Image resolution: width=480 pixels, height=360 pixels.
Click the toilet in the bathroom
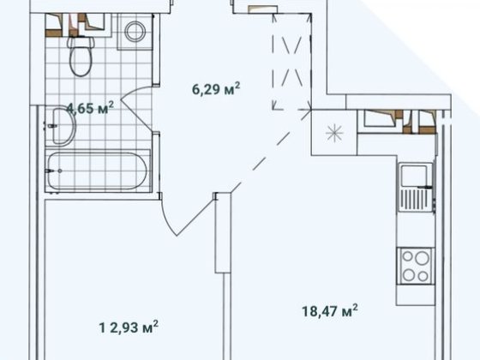pyautogui.click(x=81, y=56)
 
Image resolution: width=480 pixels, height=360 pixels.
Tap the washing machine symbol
pyautogui.click(x=135, y=32)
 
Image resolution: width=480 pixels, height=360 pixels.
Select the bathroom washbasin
pyautogui.click(x=61, y=126)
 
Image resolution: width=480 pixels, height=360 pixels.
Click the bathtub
pyautogui.click(x=98, y=171)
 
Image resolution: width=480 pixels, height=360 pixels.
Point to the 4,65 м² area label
pyautogui.click(x=90, y=108)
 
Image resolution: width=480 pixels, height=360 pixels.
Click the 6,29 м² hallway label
pyautogui.click(x=216, y=89)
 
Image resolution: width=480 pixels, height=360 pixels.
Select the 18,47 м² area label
pyautogui.click(x=330, y=311)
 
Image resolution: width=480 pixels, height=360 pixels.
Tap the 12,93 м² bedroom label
pyautogui.click(x=129, y=327)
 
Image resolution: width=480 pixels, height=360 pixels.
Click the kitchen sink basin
pyautogui.click(x=415, y=176)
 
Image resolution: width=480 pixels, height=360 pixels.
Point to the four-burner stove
pyautogui.click(x=416, y=266)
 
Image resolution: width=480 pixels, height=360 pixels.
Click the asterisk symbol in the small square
pyautogui.click(x=334, y=133)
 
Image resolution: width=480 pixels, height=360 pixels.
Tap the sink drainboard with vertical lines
pyautogui.click(x=416, y=200)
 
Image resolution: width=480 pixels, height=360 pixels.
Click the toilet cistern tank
pyautogui.click(x=81, y=42)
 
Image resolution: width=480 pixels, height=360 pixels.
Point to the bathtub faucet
pyautogui.click(x=52, y=171)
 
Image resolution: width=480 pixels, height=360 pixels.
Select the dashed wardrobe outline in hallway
pyautogui.click(x=291, y=61)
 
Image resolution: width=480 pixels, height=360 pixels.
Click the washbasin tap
pyautogui.click(x=51, y=126)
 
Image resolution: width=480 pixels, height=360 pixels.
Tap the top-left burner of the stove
pyautogui.click(x=407, y=256)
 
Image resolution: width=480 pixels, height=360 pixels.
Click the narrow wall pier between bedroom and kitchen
pyautogui.click(x=223, y=232)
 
